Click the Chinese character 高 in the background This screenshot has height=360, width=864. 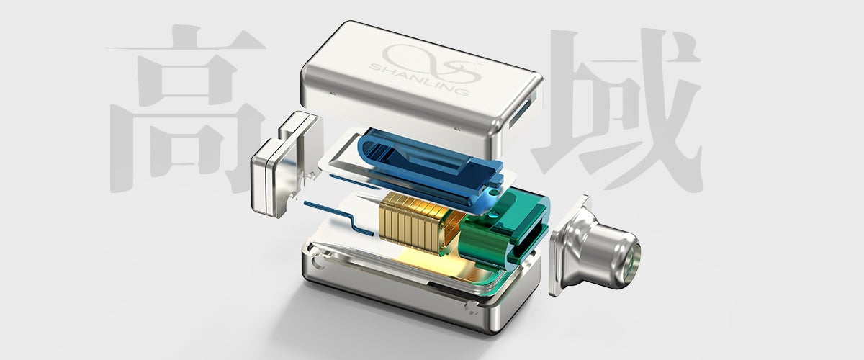click(186, 109)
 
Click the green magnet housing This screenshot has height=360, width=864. click(505, 228)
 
